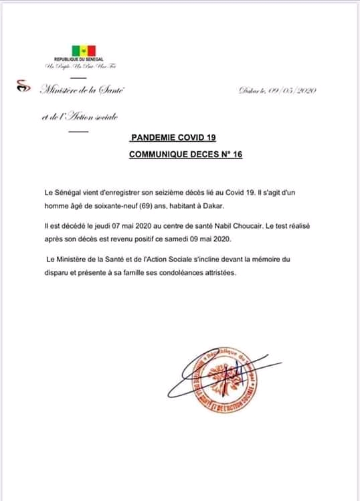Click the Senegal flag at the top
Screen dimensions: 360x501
tap(84, 51)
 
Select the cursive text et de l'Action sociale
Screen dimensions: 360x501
tap(79, 117)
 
